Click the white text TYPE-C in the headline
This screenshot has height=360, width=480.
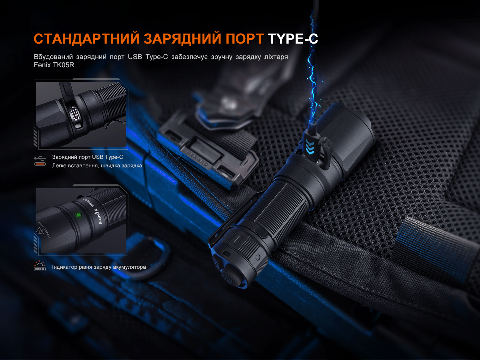click(293, 39)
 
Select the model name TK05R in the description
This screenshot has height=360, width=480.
click(64, 65)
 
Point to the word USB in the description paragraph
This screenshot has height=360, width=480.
click(135, 57)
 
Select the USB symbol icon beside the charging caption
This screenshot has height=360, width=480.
click(40, 158)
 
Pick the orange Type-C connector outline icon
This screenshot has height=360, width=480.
click(40, 164)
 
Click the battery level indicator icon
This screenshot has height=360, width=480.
click(40, 266)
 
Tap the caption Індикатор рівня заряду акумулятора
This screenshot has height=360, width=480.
click(99, 267)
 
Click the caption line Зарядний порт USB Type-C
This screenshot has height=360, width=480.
click(87, 157)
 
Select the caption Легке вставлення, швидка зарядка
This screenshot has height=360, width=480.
click(97, 166)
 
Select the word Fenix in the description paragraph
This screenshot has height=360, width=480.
click(42, 65)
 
